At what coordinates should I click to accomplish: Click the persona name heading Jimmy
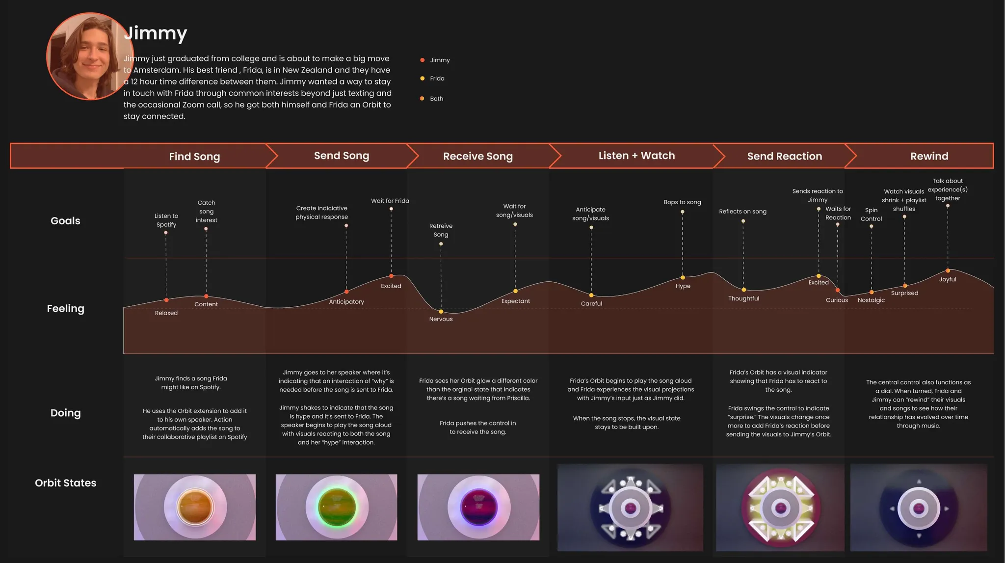coord(156,33)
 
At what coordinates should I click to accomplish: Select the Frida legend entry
coord(437,79)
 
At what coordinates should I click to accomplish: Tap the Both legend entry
coord(436,99)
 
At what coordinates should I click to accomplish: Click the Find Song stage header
coord(194,157)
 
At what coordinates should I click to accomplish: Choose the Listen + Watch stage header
coord(636,156)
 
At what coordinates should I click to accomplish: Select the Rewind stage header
coord(929,156)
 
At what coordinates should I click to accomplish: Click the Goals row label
coord(65,221)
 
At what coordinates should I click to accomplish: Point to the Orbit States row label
coord(65,483)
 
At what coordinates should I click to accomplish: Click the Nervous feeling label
coord(441,319)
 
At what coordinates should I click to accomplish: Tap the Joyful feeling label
coord(948,279)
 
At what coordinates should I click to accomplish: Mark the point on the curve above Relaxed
coord(166,300)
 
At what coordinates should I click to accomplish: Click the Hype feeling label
coord(683,286)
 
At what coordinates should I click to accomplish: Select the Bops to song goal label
coord(682,202)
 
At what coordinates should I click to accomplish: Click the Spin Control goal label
coord(871,214)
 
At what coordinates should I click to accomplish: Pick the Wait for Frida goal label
coord(390,201)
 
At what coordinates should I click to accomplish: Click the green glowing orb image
coord(336,507)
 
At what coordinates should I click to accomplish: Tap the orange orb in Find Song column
coord(195,507)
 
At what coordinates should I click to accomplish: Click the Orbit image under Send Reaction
coord(780,508)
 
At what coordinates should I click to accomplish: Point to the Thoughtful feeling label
coord(743,298)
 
